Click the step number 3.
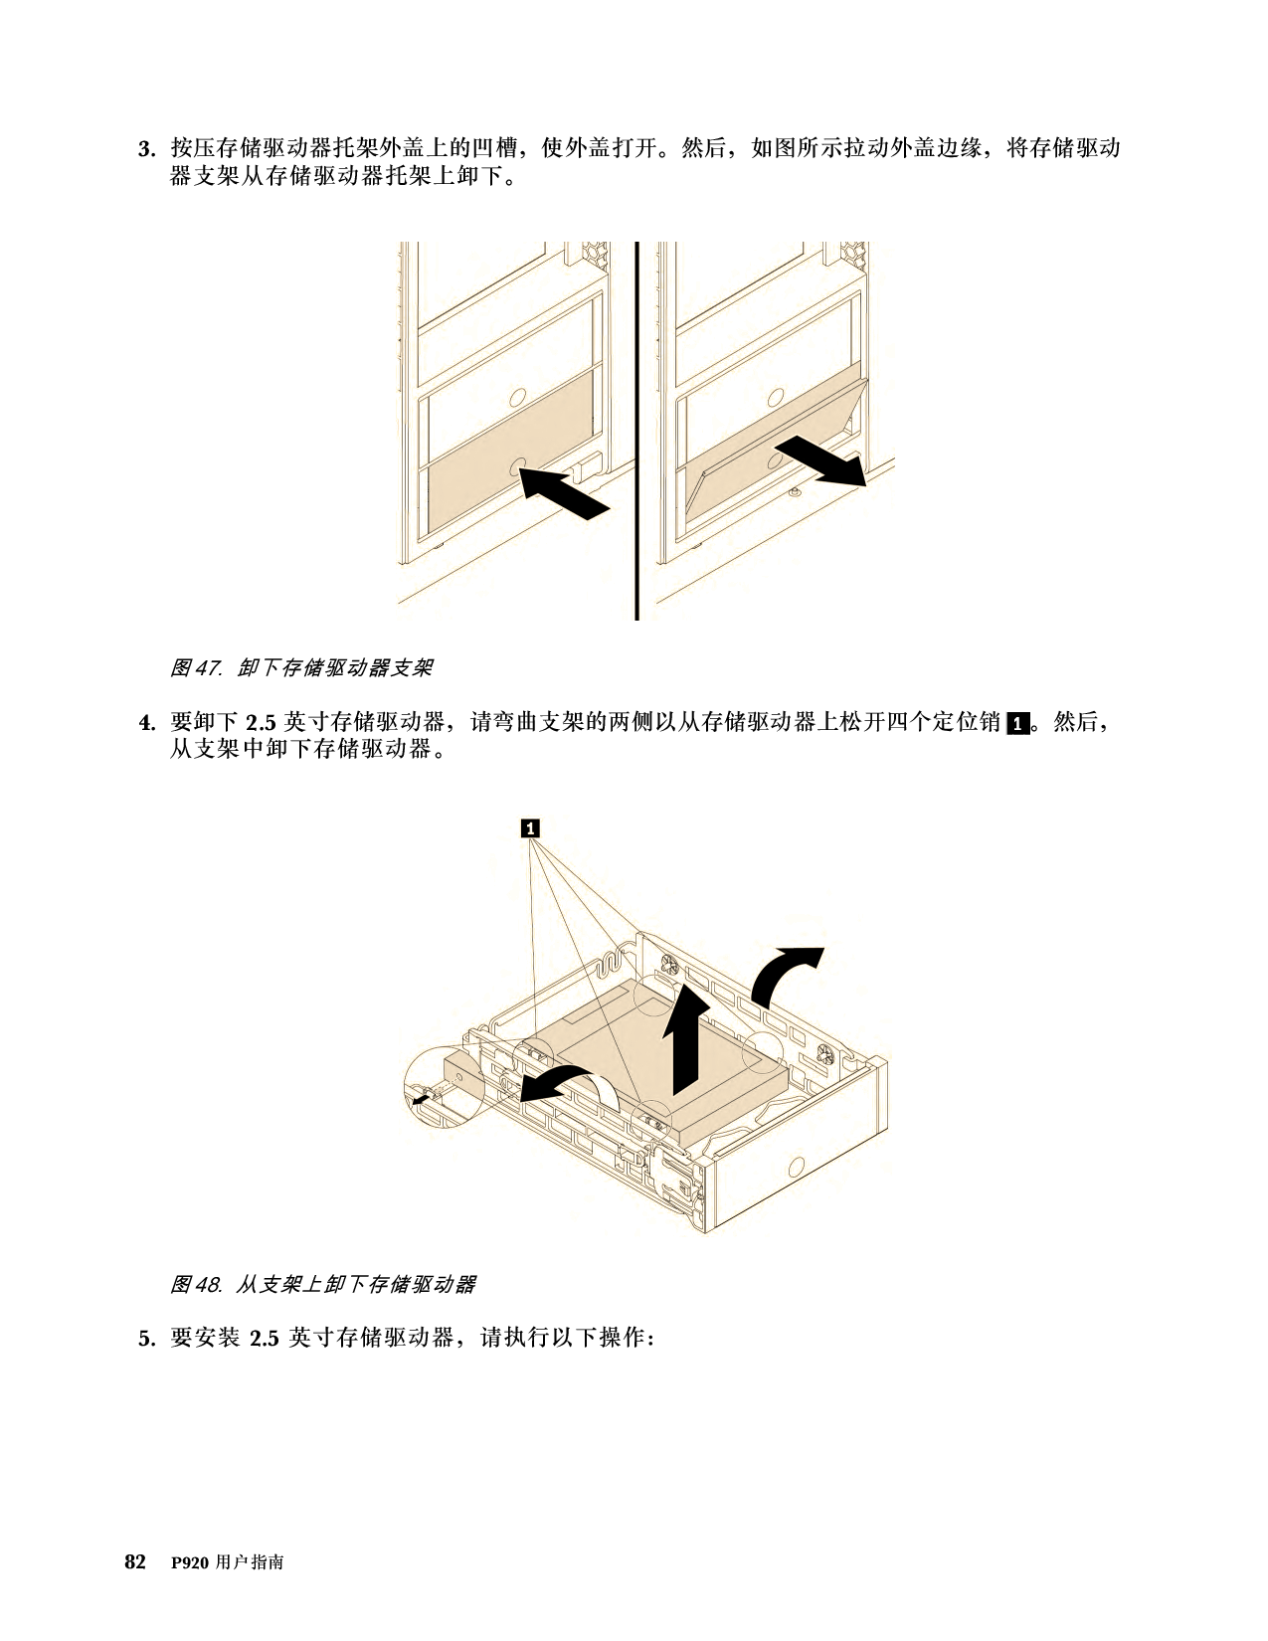coord(146,149)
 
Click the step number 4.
coord(146,723)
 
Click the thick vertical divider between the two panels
coord(636,431)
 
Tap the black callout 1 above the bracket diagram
coord(530,828)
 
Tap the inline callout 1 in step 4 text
coord(1018,723)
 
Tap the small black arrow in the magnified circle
coord(419,1100)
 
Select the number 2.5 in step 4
coord(263,723)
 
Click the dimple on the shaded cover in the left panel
coord(518,465)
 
